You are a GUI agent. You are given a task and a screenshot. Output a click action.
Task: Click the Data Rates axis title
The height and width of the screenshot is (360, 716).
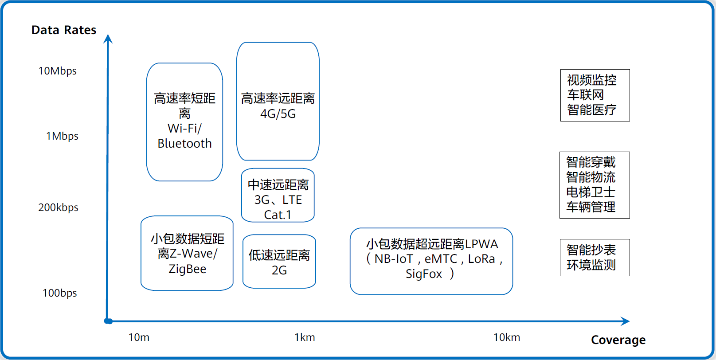pos(64,30)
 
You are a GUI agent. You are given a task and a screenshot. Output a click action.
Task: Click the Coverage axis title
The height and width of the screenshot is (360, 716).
pos(618,340)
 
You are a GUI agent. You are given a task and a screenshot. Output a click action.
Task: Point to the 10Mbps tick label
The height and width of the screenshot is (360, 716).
pos(57,71)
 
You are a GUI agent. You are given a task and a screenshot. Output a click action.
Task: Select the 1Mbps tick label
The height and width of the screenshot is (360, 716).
pos(62,136)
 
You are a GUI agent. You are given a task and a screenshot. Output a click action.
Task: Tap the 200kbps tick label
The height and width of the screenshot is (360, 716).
pos(58,207)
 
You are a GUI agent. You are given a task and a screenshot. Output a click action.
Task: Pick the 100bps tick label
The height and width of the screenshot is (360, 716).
pos(59,293)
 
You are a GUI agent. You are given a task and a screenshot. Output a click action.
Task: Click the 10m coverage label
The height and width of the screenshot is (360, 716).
pos(139,337)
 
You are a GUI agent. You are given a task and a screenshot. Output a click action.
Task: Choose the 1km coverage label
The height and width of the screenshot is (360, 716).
pos(305,337)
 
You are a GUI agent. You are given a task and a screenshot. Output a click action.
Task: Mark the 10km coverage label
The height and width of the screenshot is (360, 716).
pos(506,337)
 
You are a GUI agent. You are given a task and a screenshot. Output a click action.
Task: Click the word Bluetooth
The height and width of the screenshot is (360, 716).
pos(184,144)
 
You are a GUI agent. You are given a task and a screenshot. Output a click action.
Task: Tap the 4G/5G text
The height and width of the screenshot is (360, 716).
pos(278,114)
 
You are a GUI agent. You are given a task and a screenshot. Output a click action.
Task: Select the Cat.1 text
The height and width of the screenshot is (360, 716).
pos(278,215)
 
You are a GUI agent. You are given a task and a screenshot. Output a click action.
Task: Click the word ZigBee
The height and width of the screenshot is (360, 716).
pos(187,269)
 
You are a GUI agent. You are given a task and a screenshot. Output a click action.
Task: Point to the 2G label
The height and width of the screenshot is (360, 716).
pos(279,270)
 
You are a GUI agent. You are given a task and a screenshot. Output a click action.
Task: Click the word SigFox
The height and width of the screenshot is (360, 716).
pos(424,274)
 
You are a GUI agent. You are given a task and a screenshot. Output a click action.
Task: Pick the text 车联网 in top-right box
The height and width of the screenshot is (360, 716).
pos(585,95)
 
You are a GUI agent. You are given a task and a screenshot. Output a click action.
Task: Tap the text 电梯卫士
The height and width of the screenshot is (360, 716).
pos(591,192)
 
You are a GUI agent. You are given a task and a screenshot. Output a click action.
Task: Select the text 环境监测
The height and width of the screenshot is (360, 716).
pos(591,265)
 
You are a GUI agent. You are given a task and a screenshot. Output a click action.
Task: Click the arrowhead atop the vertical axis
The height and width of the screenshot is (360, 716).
pos(108,39)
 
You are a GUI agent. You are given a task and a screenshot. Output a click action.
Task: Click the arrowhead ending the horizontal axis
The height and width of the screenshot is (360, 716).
pos(626,321)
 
